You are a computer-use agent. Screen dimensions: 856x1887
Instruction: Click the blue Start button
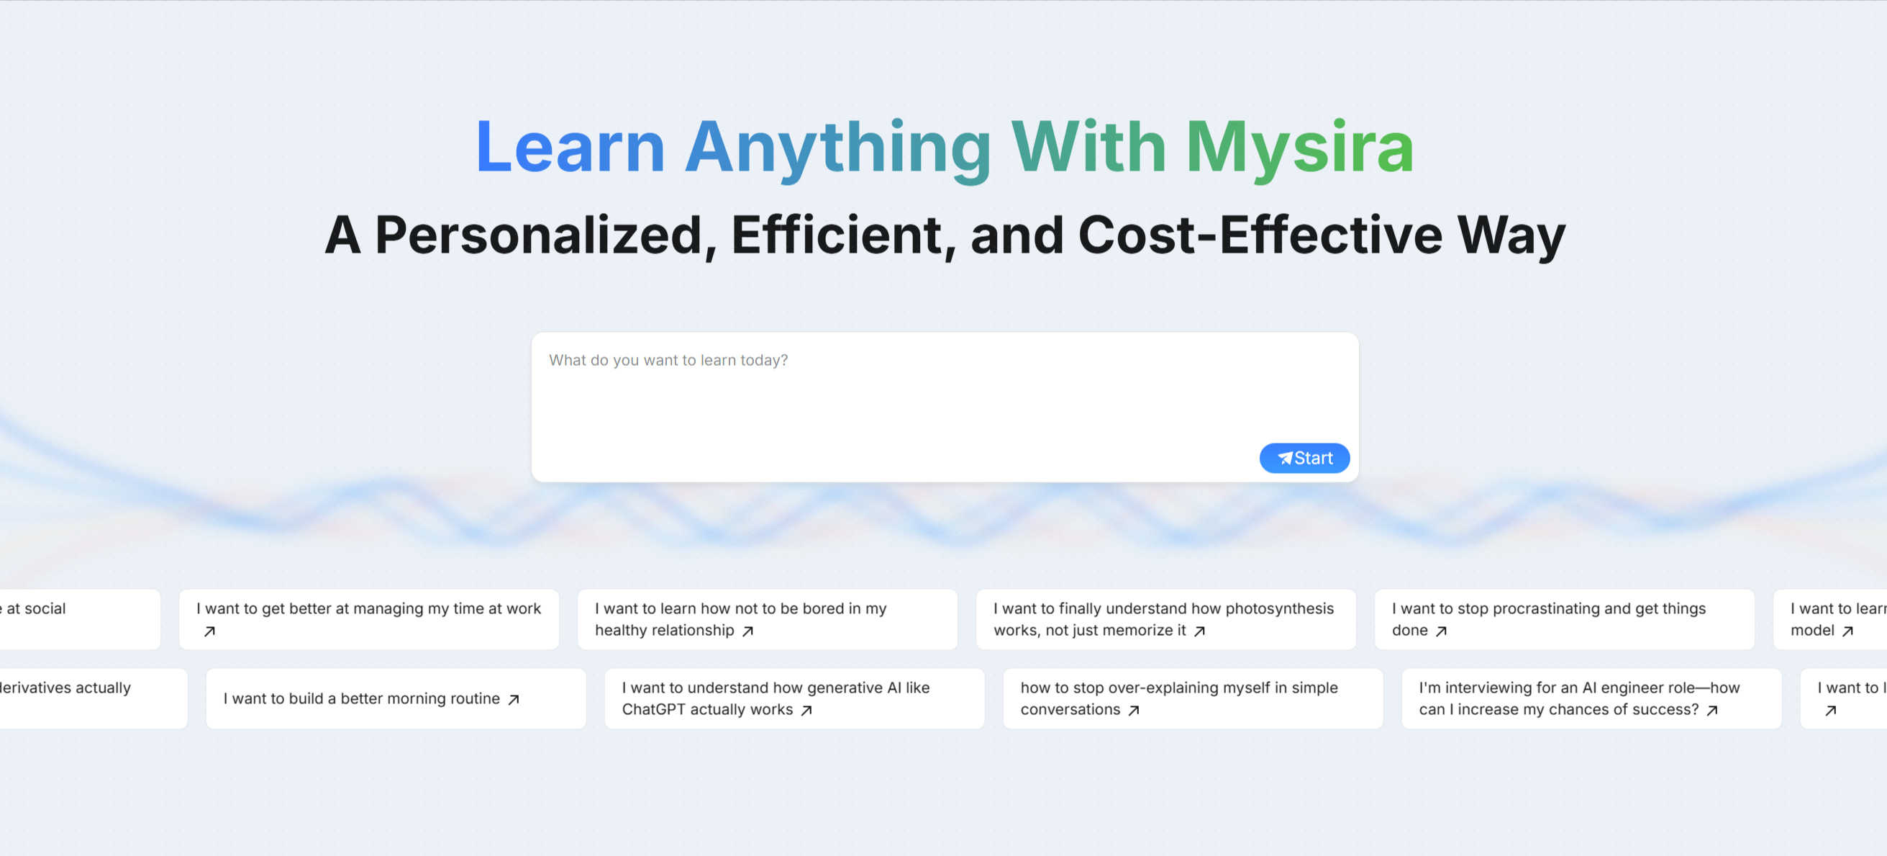[1304, 458]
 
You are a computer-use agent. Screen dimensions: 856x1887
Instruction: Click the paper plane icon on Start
[1285, 458]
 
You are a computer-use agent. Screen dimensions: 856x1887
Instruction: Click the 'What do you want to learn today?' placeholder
[668, 360]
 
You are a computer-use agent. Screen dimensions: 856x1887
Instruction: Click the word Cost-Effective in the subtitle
[1260, 235]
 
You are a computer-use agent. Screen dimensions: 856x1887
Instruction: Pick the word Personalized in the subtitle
[539, 235]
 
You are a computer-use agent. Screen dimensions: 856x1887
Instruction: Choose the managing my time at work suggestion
[368, 619]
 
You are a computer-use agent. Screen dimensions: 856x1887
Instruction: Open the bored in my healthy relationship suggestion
[767, 619]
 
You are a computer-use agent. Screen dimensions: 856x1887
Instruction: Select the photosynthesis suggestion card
[1165, 619]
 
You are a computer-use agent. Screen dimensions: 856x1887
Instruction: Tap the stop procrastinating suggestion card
[1564, 619]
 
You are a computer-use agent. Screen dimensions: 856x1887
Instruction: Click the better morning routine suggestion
[396, 698]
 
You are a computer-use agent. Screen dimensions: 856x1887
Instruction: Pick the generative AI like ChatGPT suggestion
[794, 698]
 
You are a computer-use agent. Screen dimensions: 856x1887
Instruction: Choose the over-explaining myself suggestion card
[1193, 698]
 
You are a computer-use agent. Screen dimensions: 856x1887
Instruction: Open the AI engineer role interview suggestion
[1591, 698]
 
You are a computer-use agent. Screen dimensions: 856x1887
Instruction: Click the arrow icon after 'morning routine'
[514, 699]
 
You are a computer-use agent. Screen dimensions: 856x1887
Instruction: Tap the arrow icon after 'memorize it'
[1199, 631]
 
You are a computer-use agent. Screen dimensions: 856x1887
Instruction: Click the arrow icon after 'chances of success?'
[1712, 710]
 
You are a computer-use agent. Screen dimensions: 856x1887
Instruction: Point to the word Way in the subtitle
[1511, 235]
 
